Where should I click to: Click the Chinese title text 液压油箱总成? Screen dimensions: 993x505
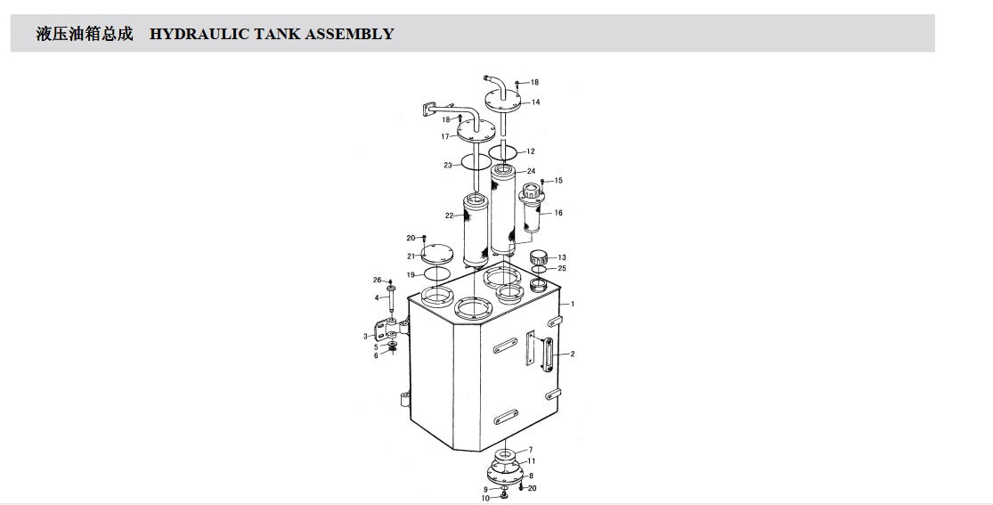85,34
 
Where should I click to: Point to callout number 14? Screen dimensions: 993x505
536,102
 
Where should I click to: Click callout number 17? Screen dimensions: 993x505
445,136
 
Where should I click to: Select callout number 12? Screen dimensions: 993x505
531,151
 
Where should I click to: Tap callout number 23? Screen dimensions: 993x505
448,166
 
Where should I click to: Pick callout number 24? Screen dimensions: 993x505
531,171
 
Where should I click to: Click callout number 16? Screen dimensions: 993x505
558,213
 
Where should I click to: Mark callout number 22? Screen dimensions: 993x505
449,216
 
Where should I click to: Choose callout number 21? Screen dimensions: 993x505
411,256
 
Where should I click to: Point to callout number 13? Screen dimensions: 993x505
562,257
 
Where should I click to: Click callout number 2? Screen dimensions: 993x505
573,354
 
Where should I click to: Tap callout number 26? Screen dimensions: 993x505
377,280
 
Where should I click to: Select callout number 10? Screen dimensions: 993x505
485,498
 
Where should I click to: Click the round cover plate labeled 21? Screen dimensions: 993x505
437,253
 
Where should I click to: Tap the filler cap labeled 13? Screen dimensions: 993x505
539,258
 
